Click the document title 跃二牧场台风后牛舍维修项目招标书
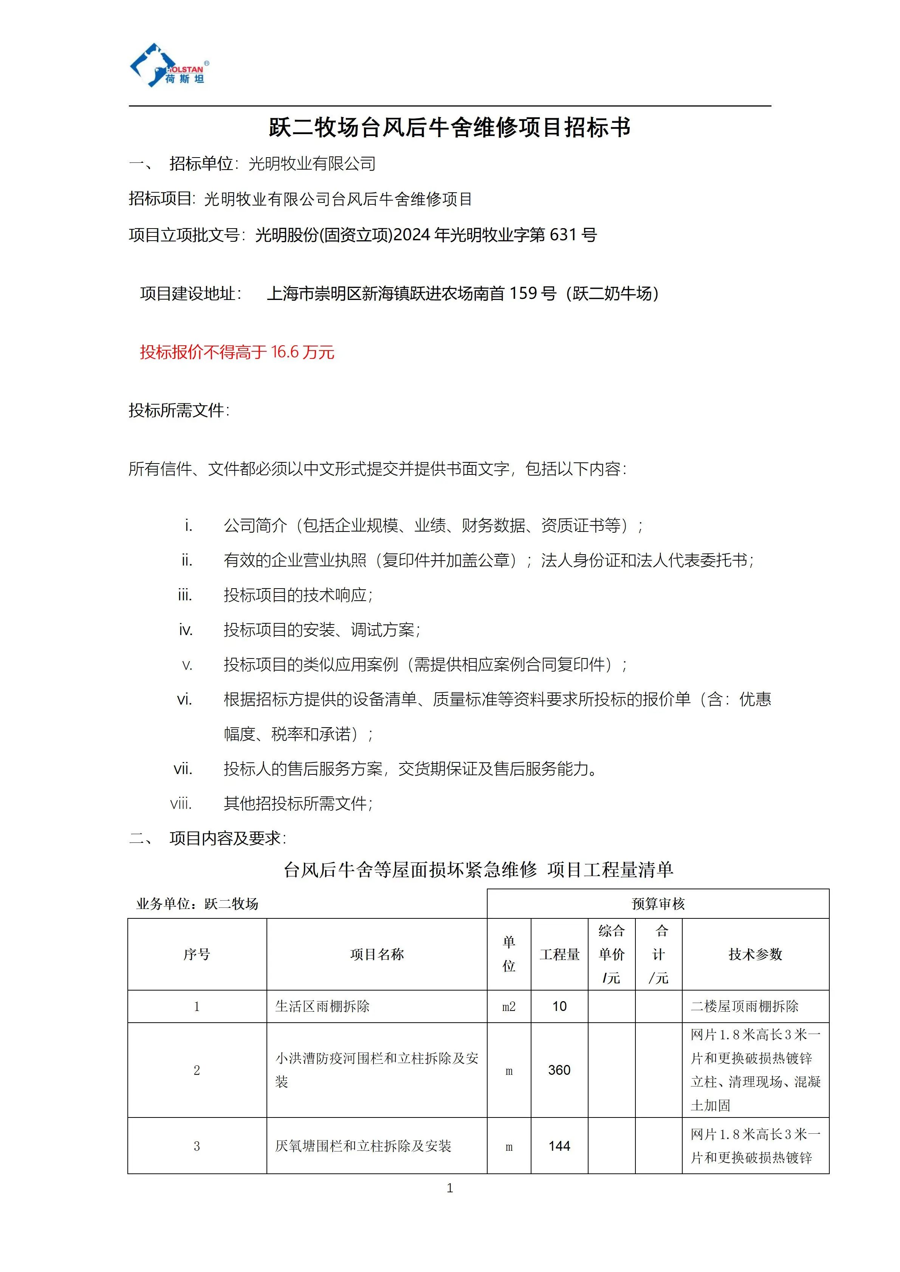449,127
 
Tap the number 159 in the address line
524,293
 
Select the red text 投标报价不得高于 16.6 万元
237,352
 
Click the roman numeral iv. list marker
186,630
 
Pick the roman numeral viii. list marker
181,803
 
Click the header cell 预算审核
658,904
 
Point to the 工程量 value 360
559,1070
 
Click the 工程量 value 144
559,1146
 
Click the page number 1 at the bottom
449,1188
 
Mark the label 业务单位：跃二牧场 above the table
197,904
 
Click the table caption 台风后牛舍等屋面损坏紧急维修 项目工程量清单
478,870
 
